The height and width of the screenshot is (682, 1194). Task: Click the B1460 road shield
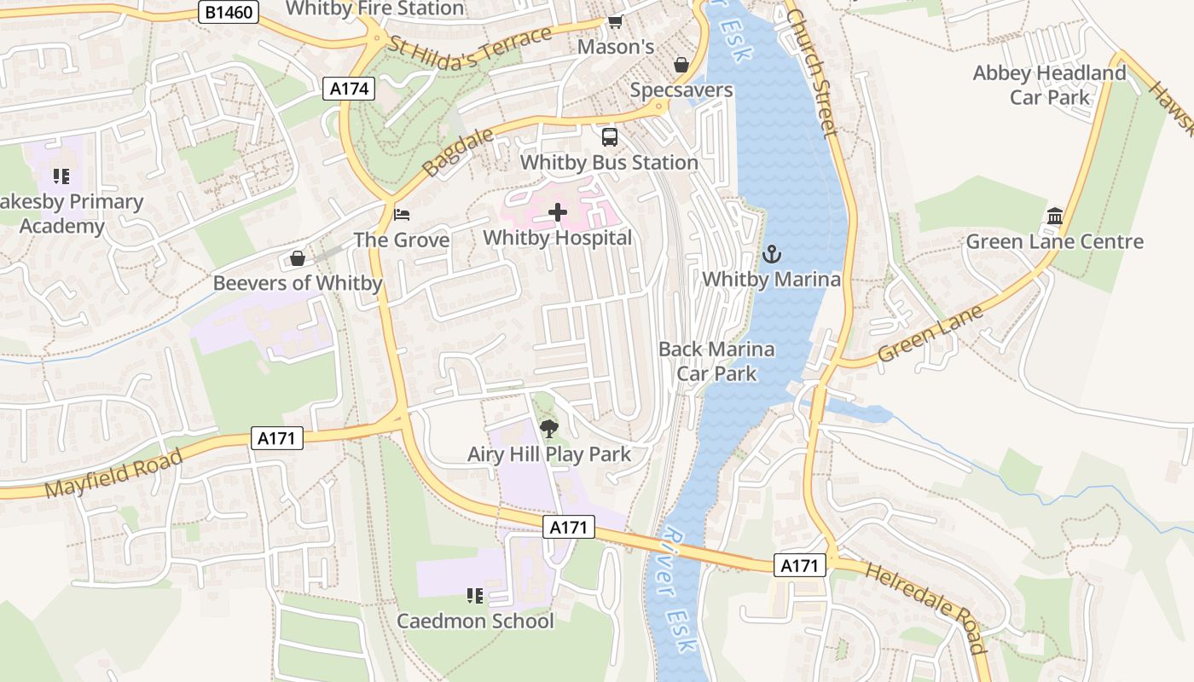228,12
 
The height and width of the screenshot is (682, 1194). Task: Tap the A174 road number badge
349,88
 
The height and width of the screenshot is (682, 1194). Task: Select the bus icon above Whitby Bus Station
609,136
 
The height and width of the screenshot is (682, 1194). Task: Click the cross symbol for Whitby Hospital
558,212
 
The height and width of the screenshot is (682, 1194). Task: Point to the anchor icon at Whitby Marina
771,253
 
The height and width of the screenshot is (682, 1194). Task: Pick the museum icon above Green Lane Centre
1055,216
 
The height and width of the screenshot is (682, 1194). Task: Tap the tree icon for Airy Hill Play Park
549,428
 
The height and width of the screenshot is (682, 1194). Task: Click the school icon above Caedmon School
475,595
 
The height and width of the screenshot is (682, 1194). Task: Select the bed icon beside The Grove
402,214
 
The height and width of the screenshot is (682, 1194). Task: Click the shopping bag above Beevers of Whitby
298,257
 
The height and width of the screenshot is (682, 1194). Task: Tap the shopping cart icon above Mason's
615,21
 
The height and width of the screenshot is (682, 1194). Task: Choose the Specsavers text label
681,90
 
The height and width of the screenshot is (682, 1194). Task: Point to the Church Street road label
814,72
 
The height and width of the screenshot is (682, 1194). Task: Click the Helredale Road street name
925,606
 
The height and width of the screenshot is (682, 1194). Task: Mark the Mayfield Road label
113,473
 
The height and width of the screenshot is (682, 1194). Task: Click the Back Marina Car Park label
716,361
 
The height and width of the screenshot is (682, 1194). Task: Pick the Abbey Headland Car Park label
1049,85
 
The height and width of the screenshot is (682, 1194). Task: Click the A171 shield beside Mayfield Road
277,438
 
